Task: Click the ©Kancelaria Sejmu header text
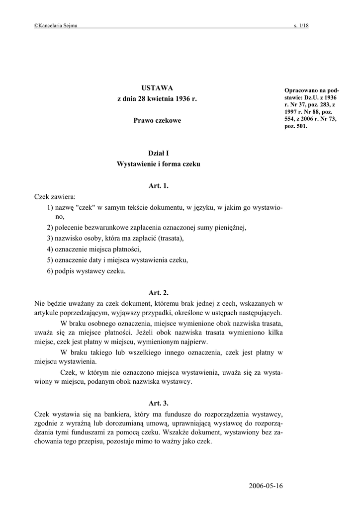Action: click(x=55, y=26)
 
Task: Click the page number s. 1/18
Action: click(x=301, y=26)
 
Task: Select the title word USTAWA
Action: click(x=159, y=88)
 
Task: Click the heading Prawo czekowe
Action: click(x=158, y=121)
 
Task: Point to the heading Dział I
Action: click(x=159, y=154)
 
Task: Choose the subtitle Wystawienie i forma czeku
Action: click(x=158, y=164)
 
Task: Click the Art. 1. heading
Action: click(x=159, y=186)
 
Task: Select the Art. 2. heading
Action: click(x=159, y=293)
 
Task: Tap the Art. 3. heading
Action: click(x=159, y=403)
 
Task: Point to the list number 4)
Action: click(x=50, y=249)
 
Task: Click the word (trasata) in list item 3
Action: click(x=172, y=238)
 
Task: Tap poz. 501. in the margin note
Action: click(x=296, y=126)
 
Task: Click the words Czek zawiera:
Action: click(x=55, y=196)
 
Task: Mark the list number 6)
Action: click(x=50, y=271)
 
